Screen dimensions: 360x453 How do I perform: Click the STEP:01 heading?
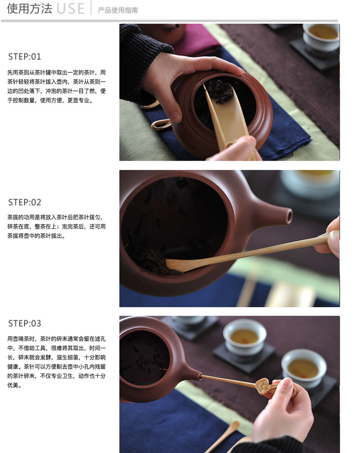(x=25, y=57)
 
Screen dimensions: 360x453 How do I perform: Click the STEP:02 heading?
(x=25, y=202)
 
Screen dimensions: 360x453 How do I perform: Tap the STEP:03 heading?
(x=25, y=323)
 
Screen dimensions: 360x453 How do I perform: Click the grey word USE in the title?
(x=71, y=9)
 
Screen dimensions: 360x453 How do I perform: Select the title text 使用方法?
(x=30, y=9)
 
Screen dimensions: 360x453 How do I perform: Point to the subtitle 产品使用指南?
(x=118, y=10)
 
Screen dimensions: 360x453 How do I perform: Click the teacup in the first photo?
(x=321, y=36)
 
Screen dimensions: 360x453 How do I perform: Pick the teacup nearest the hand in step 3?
(x=303, y=367)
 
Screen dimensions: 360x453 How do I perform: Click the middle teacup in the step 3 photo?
(x=245, y=337)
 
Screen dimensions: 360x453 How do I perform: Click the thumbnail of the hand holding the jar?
(x=176, y=116)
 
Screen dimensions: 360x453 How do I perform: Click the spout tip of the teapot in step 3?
(x=200, y=376)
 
